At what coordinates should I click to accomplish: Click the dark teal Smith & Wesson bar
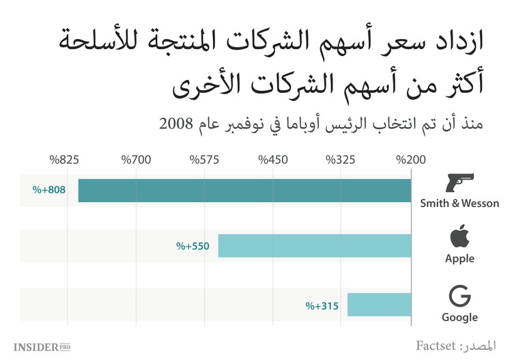pos(244,190)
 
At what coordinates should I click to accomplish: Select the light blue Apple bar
pos(315,245)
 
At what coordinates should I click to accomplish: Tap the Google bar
pos(380,305)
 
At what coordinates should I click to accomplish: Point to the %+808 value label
pos(48,190)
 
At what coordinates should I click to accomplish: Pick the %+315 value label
pos(322,305)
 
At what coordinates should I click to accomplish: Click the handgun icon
pos(459,182)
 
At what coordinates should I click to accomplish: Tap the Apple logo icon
pos(459,238)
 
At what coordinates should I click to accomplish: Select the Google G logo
pos(459,296)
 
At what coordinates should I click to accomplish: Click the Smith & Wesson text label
pos(459,203)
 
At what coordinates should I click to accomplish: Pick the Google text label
pos(459,317)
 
